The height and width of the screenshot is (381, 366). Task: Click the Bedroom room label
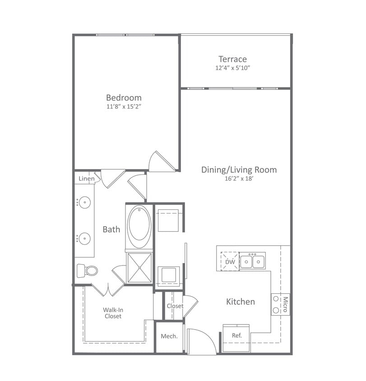(124, 98)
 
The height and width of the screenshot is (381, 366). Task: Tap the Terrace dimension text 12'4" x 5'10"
(232, 68)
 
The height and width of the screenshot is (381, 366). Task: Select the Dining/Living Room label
(239, 170)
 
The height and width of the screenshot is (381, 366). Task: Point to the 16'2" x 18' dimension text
(239, 178)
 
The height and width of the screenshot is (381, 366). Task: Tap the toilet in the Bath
(88, 270)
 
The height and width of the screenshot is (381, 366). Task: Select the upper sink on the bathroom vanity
(84, 202)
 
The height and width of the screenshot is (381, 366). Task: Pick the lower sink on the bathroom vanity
(84, 237)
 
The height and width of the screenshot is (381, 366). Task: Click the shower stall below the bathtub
(139, 268)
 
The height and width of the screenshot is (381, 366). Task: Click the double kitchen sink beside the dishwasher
(252, 261)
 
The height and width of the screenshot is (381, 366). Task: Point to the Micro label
(285, 304)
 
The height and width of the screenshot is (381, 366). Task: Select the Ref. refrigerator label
(237, 335)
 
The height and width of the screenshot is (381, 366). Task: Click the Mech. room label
(169, 336)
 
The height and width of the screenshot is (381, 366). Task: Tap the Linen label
(86, 179)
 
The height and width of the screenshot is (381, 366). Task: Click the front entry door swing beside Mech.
(201, 341)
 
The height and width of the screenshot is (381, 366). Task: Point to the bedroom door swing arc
(159, 162)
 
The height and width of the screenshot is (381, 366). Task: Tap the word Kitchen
(241, 302)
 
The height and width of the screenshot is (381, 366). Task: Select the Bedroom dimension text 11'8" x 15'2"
(124, 107)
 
